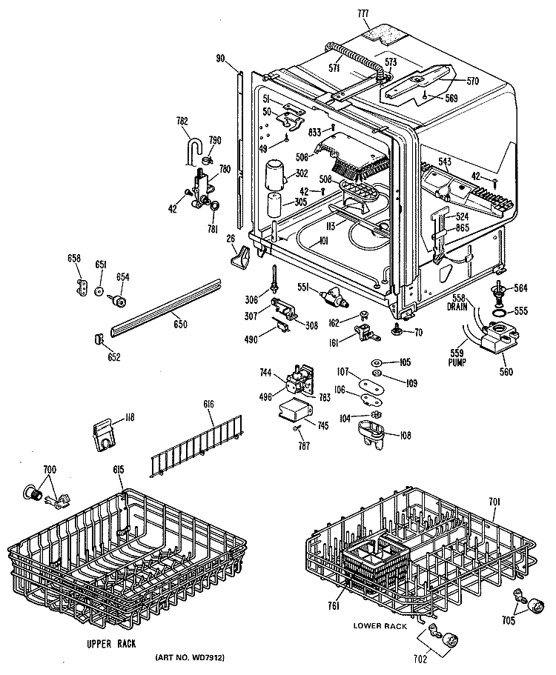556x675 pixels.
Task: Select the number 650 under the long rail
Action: pos(180,323)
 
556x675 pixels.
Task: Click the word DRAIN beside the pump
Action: pos(457,307)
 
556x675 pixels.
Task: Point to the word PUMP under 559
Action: pos(457,362)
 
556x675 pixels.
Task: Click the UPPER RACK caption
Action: pos(111,644)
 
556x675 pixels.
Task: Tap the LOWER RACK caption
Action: pos(380,626)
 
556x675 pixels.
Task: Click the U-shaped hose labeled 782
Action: pos(191,150)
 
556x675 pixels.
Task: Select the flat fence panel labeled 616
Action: pos(195,446)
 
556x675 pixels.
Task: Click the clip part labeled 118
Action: pos(105,436)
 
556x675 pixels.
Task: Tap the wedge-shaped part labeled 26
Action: pos(240,256)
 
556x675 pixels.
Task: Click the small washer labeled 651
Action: pos(99,291)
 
